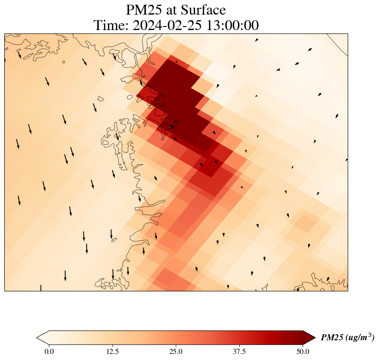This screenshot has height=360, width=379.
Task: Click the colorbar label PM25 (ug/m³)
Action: [x=347, y=338]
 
